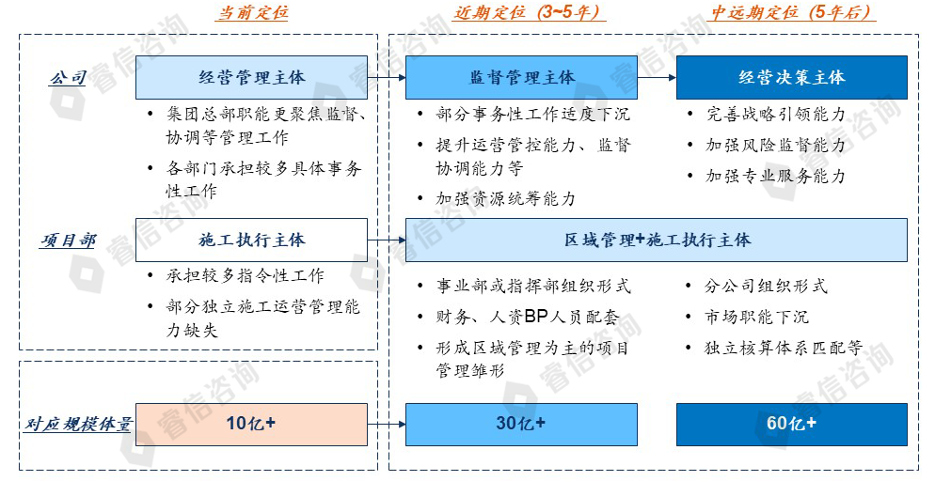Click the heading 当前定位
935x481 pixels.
pyautogui.click(x=252, y=13)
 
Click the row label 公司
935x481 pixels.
pyautogui.click(x=68, y=78)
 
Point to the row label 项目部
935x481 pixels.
pyautogui.click(x=68, y=240)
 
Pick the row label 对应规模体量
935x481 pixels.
pyautogui.click(x=78, y=425)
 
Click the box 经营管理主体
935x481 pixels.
pyautogui.click(x=251, y=77)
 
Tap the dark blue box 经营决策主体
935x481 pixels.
pyautogui.click(x=791, y=77)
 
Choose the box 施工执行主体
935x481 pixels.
pyautogui.click(x=251, y=240)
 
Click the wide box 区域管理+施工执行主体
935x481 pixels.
pyautogui.click(x=656, y=240)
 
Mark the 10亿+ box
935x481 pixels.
pyautogui.click(x=251, y=424)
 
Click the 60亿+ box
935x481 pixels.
pyautogui.click(x=791, y=424)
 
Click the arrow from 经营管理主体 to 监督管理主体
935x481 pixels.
pyautogui.click(x=386, y=78)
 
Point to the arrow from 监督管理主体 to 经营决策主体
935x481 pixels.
pyautogui.click(x=657, y=78)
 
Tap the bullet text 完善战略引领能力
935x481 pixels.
pyautogui.click(x=776, y=115)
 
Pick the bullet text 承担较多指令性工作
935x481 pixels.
pyautogui.click(x=246, y=275)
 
